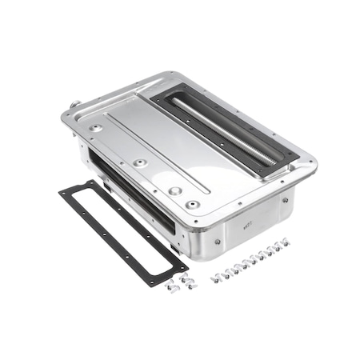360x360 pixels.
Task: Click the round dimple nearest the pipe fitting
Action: [96, 127]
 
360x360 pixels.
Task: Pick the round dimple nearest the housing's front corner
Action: [191, 205]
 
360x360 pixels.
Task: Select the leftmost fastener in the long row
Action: [215, 278]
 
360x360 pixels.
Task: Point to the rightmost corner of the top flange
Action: [312, 167]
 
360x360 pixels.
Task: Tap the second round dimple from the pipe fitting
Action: [140, 162]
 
